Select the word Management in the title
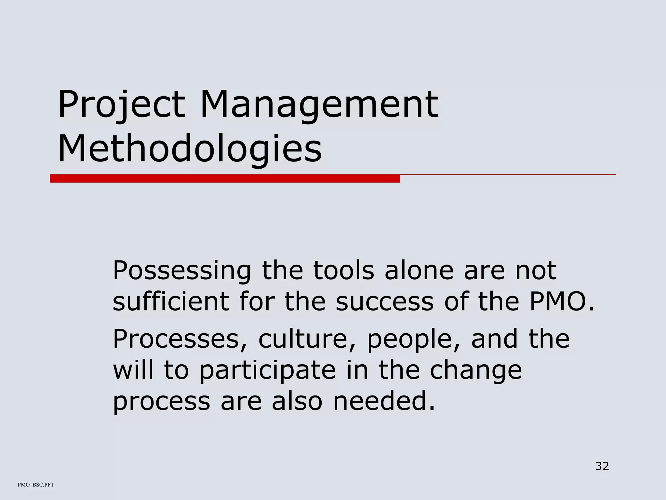pos(319,105)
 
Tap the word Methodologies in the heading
pos(190,149)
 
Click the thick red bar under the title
pos(224,178)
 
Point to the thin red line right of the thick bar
pos(507,175)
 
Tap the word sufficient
pos(170,301)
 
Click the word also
pos(297,401)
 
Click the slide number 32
pos(602,466)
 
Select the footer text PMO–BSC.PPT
pos(36,485)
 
